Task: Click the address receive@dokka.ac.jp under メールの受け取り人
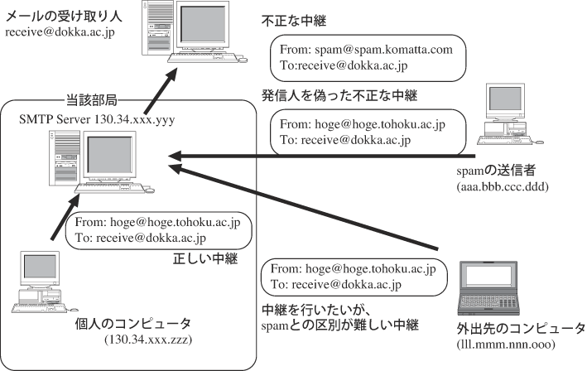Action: point(60,32)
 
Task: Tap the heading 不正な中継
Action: point(293,21)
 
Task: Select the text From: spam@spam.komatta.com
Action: point(366,50)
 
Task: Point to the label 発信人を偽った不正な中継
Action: point(339,96)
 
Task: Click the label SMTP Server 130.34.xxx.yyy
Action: point(97,119)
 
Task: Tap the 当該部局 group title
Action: point(92,100)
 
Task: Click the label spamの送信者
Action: point(496,171)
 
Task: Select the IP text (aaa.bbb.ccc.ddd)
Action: point(503,186)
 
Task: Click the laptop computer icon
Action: point(488,288)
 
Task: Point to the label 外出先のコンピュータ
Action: point(521,328)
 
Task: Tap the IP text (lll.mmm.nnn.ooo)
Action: point(506,344)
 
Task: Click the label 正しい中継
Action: point(205,258)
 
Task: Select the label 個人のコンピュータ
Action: point(133,324)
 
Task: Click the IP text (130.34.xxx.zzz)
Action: point(148,340)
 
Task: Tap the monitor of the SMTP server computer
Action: point(109,156)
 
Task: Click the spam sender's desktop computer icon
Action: point(509,113)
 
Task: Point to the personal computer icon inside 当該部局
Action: point(44,282)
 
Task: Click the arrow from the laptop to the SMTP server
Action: point(303,207)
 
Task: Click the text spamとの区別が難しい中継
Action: point(340,325)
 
